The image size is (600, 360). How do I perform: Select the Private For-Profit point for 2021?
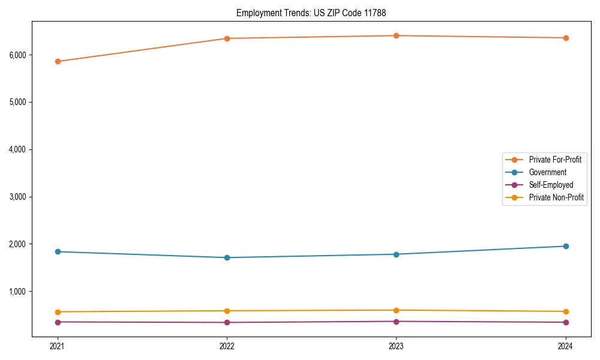(x=58, y=61)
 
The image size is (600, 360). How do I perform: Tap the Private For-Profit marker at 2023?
(x=396, y=35)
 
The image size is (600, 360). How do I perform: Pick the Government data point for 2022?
(x=227, y=257)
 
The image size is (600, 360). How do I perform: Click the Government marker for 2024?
(x=566, y=246)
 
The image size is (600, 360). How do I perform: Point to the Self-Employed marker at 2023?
(x=396, y=322)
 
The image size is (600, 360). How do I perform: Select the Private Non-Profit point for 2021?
(x=58, y=312)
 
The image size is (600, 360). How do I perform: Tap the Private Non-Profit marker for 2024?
(x=566, y=311)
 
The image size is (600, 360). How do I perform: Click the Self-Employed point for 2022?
(x=227, y=323)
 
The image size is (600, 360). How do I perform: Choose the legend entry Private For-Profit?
(x=555, y=160)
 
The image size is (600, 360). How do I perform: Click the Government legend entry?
(x=547, y=172)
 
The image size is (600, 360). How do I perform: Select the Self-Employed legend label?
(x=551, y=185)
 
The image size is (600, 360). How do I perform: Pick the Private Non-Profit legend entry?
(x=556, y=197)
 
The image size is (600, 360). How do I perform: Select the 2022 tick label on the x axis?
(x=227, y=346)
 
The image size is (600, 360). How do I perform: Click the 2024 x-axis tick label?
(x=566, y=346)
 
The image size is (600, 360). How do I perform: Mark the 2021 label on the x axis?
(x=58, y=346)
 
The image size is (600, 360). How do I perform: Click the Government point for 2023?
(x=396, y=254)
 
